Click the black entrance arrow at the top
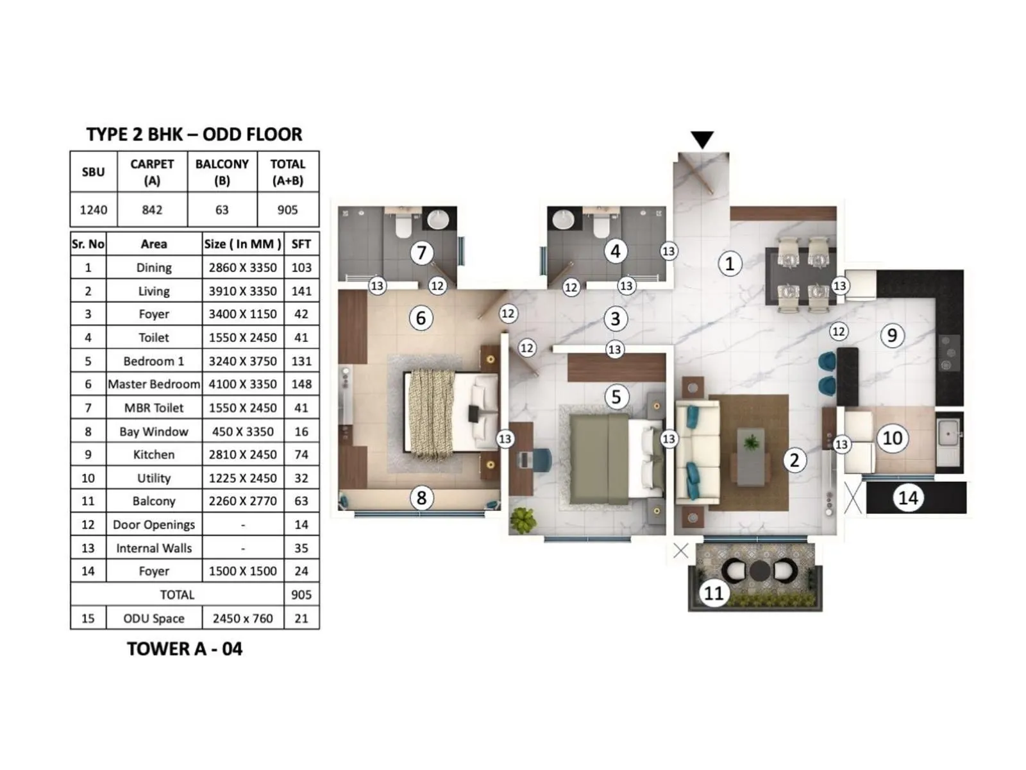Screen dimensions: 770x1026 point(702,139)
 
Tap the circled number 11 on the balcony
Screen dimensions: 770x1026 point(714,593)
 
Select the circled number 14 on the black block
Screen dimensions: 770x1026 point(908,498)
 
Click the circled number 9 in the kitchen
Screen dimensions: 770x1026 point(892,335)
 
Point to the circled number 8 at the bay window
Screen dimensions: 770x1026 point(421,498)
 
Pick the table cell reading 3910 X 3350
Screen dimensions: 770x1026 point(242,291)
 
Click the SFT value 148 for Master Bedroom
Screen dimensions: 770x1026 point(301,384)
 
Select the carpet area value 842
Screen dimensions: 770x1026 point(152,210)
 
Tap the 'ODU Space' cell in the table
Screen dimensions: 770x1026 point(154,619)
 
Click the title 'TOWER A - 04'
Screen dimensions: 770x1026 point(185,649)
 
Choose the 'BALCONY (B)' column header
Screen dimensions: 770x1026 point(222,172)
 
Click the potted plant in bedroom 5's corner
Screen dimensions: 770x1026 point(524,520)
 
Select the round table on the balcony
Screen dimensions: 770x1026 point(760,570)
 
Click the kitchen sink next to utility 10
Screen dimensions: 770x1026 point(948,434)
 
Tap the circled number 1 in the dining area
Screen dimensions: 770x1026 point(729,263)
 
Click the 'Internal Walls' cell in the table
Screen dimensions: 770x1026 point(154,548)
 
